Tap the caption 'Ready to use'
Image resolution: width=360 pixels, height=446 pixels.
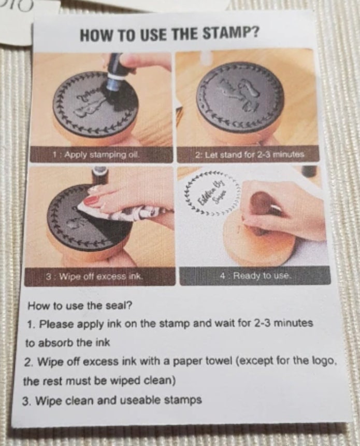tap(255, 276)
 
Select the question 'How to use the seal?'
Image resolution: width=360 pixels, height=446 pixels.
tap(80, 306)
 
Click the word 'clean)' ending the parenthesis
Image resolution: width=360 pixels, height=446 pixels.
tap(160, 381)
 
